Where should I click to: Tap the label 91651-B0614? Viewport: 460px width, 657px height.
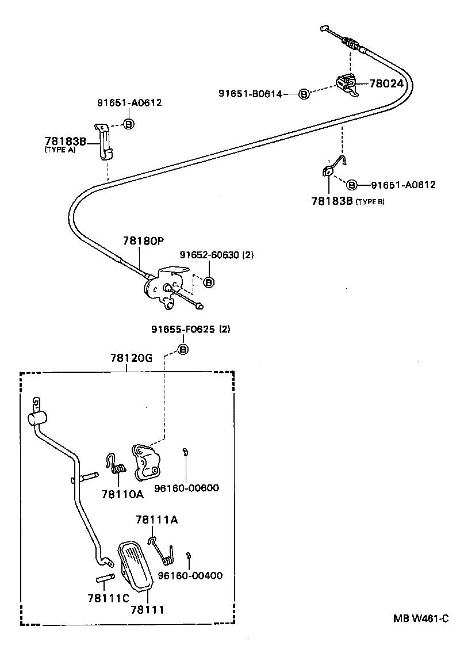click(250, 94)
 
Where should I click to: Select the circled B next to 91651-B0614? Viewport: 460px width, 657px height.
click(304, 94)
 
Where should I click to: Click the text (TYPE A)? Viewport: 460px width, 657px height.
click(60, 150)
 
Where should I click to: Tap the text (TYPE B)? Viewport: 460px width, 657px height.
click(370, 201)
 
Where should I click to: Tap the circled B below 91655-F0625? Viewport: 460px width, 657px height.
click(182, 349)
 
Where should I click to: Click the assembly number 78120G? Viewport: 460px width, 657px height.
click(131, 358)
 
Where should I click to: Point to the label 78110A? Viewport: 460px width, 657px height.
click(122, 494)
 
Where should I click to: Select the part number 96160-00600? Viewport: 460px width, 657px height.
click(186, 488)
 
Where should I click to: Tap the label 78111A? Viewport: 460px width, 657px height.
click(157, 520)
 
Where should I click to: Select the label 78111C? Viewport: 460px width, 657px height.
click(108, 598)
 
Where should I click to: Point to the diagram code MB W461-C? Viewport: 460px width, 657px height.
click(420, 619)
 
